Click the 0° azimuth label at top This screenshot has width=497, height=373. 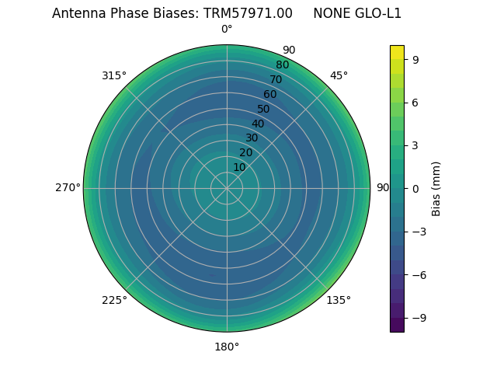click(x=227, y=30)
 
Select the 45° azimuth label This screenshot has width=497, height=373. click(x=339, y=75)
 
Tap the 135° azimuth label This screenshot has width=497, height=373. click(x=339, y=300)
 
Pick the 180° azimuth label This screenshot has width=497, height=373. click(x=227, y=347)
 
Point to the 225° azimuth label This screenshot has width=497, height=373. click(x=114, y=300)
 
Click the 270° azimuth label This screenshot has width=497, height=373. click(x=68, y=188)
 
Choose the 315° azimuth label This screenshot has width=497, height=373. click(x=114, y=75)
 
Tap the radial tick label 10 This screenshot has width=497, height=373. click(x=239, y=167)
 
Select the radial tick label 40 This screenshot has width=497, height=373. click(x=258, y=124)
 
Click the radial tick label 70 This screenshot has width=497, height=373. click(x=276, y=79)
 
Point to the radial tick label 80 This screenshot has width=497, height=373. click(x=283, y=64)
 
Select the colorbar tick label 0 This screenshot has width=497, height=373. click(x=415, y=188)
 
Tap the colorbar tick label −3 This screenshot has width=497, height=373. click(x=418, y=232)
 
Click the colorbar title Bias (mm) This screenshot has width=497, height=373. click(x=436, y=188)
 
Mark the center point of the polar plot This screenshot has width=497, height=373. click(x=227, y=188)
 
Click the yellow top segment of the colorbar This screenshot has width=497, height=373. click(x=397, y=52)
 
